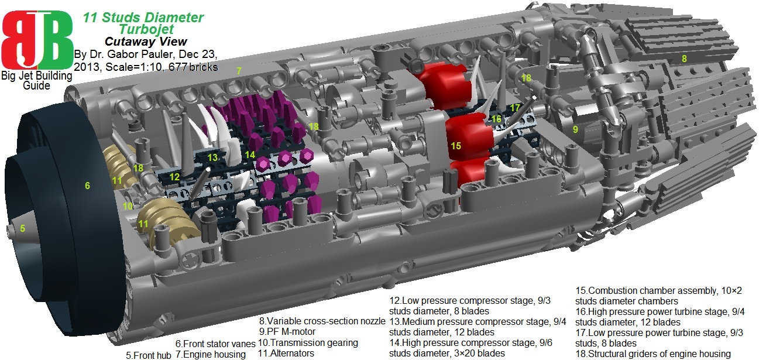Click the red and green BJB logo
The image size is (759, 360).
[37, 40]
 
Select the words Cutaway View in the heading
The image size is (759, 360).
[146, 42]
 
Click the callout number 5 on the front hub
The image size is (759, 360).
[22, 228]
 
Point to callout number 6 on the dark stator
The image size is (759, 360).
[87, 186]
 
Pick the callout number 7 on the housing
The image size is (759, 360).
[239, 71]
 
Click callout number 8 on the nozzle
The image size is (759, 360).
[684, 59]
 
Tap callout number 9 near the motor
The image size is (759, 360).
[575, 129]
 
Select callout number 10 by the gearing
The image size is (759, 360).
[128, 206]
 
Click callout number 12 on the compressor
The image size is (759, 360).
[174, 177]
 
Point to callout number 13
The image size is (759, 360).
[212, 157]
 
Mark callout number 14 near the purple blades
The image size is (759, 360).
[250, 155]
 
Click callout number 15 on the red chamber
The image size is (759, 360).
[456, 146]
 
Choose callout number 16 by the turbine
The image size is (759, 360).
[496, 119]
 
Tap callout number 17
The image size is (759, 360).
[515, 108]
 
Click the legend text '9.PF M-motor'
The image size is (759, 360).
[287, 331]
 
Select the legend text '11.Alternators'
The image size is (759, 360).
[286, 353]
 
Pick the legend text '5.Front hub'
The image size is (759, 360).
[149, 355]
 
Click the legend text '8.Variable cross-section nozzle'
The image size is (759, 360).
[322, 321]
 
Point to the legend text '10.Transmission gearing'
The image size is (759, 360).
[308, 342]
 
